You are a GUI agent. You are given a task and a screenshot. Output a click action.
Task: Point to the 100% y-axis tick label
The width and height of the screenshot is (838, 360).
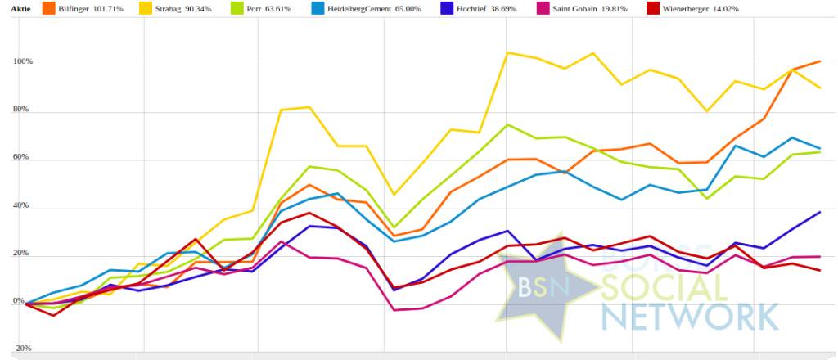pyautogui.click(x=22, y=62)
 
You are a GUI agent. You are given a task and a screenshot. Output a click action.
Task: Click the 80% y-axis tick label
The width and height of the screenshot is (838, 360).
pyautogui.click(x=22, y=110)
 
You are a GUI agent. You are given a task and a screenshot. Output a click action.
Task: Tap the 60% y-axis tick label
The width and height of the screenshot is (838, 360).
pyautogui.click(x=22, y=158)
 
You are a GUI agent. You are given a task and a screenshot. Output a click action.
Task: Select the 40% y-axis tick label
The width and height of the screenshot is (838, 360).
pyautogui.click(x=22, y=206)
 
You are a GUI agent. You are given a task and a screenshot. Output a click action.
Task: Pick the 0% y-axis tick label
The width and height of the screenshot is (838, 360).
pyautogui.click(x=18, y=303)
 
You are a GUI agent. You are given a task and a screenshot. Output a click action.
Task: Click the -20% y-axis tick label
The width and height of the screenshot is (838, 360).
pyautogui.click(x=22, y=349)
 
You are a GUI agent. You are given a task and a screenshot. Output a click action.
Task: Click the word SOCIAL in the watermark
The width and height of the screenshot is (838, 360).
pyautogui.click(x=663, y=287)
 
